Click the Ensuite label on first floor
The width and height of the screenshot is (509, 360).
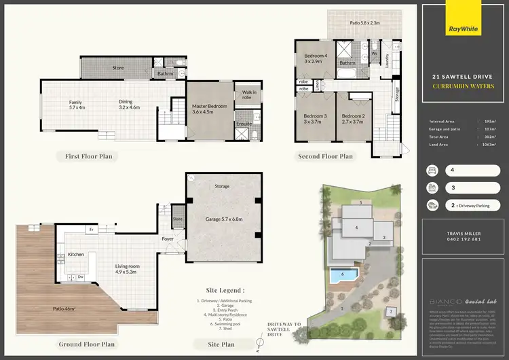tap(244, 124)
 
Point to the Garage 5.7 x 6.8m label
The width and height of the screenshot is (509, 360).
tap(224, 219)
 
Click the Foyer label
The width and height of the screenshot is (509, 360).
tap(168, 239)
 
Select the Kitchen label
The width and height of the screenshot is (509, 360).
tap(76, 255)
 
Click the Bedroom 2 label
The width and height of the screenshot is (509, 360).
tap(353, 120)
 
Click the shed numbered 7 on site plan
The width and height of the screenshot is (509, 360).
tap(392, 312)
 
